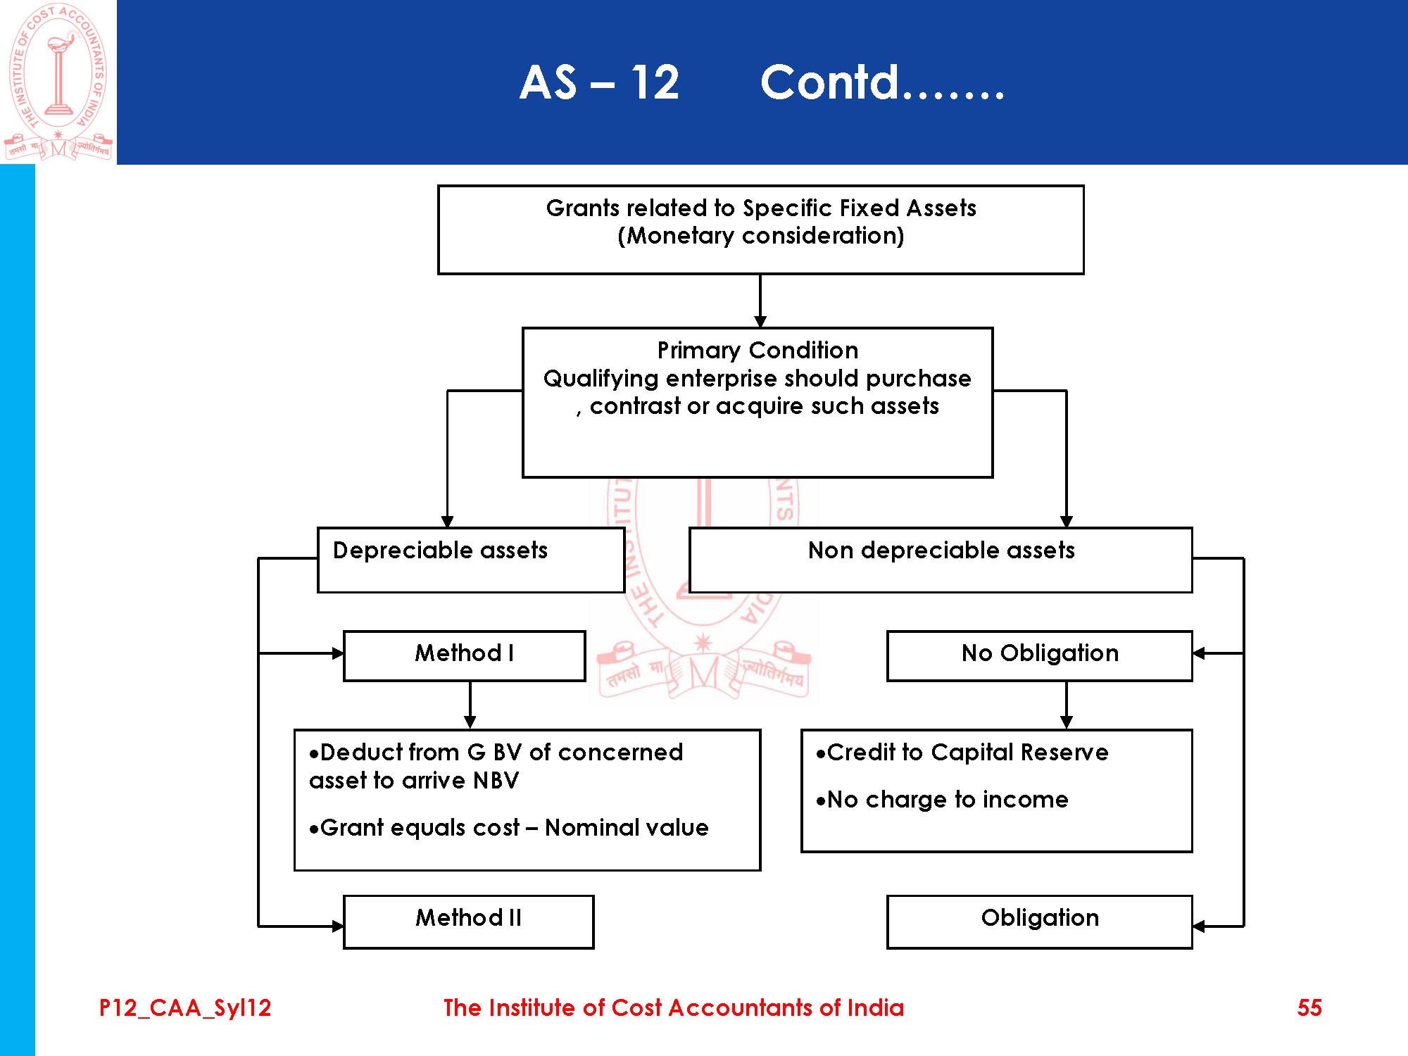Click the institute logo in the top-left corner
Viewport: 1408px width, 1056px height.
(x=58, y=82)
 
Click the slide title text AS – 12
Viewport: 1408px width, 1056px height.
(x=599, y=82)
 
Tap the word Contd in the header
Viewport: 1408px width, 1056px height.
(x=831, y=82)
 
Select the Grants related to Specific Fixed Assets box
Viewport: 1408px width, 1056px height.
(x=760, y=230)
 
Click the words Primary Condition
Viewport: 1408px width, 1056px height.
(x=758, y=350)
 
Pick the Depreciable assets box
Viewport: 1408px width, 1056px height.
(x=470, y=560)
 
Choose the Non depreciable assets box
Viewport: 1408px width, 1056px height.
(x=941, y=560)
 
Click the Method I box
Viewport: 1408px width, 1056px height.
(x=464, y=655)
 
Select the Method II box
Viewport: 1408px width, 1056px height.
(x=468, y=922)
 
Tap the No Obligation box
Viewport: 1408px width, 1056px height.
(x=1039, y=655)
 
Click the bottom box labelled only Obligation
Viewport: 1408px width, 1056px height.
(x=1039, y=922)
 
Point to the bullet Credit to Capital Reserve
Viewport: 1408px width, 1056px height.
(x=962, y=753)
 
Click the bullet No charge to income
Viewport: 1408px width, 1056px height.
(x=942, y=800)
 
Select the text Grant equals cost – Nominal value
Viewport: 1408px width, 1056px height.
(x=508, y=828)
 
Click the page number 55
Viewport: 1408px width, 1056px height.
(x=1309, y=1007)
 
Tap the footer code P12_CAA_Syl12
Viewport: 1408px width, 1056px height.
(x=185, y=1007)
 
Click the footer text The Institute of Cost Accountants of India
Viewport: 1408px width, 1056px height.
(x=673, y=1007)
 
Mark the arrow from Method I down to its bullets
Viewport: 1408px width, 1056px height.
(x=470, y=705)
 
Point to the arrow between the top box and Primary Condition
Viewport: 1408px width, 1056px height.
(x=760, y=301)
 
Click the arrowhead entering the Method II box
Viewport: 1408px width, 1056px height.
(x=337, y=926)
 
